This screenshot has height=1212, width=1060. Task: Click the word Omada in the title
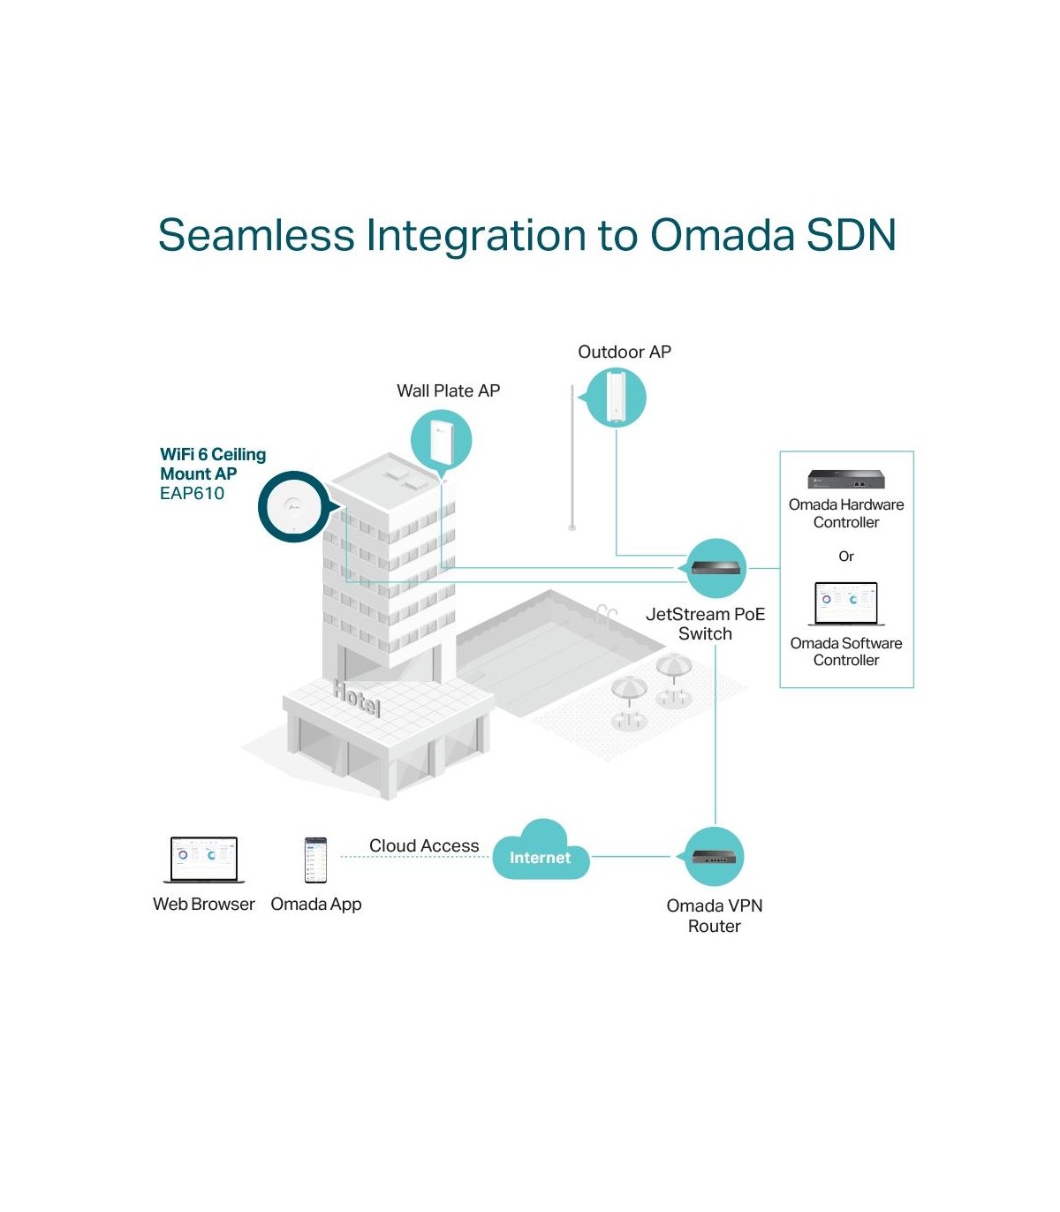(723, 236)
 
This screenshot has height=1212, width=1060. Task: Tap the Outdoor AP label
(624, 352)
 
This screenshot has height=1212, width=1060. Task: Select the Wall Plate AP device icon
(441, 441)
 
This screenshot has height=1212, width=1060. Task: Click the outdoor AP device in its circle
(616, 398)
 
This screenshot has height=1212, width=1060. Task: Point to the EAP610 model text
(192, 494)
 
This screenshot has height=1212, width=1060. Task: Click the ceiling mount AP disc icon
(292, 506)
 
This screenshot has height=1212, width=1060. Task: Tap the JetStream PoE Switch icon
(716, 568)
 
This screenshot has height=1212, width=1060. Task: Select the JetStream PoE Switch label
(705, 624)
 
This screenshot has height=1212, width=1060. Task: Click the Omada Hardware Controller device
(845, 479)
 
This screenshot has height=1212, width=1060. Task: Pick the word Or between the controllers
(846, 557)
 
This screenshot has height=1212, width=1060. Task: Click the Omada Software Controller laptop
(846, 604)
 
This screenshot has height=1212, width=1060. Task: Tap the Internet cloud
(540, 854)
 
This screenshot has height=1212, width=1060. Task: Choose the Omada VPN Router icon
(715, 856)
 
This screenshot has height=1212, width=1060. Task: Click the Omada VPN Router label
(714, 916)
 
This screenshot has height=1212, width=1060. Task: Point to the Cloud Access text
(424, 845)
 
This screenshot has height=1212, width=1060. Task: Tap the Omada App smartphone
(315, 860)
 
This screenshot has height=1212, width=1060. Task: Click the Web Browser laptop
(204, 860)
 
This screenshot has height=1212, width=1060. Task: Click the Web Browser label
(203, 905)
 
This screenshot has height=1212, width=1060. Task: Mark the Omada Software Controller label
(846, 652)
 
